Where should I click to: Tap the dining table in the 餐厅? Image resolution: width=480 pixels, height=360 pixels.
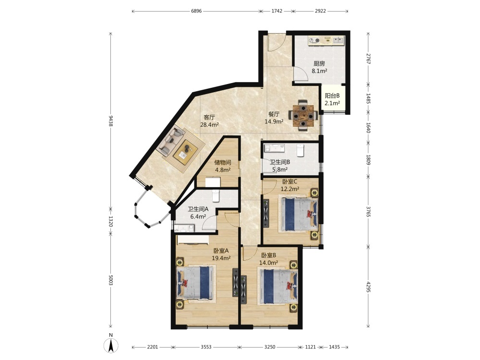(x=303, y=116)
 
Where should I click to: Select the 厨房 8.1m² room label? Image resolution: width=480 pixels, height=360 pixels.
(x=319, y=67)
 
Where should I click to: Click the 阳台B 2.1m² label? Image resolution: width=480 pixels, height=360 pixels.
(x=333, y=99)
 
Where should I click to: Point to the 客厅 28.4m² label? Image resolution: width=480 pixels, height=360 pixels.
(x=209, y=121)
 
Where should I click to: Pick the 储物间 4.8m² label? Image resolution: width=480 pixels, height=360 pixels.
(x=223, y=166)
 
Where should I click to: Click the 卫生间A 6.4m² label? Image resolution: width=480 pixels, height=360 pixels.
(x=198, y=213)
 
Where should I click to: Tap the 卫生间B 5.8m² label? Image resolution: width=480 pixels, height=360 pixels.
(x=280, y=166)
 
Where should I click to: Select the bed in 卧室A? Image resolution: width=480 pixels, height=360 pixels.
(x=194, y=283)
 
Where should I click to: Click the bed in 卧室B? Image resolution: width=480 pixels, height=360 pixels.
(x=278, y=286)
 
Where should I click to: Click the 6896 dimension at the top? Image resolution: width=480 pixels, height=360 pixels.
(x=196, y=12)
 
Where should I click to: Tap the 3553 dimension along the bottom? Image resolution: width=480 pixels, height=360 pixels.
(x=206, y=347)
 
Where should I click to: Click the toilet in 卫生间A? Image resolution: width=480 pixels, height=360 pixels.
(x=216, y=195)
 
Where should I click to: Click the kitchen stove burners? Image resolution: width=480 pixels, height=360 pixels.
(x=315, y=40)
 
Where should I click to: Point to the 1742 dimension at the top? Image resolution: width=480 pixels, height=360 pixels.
(x=277, y=12)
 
